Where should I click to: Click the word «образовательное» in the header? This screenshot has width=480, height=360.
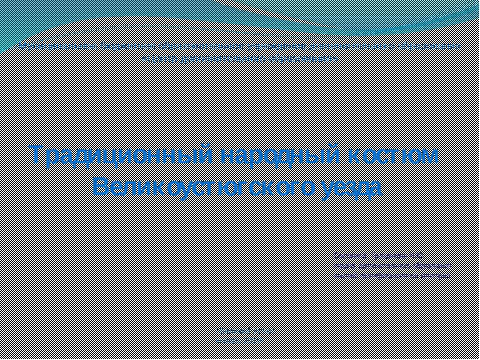click(x=201, y=47)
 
